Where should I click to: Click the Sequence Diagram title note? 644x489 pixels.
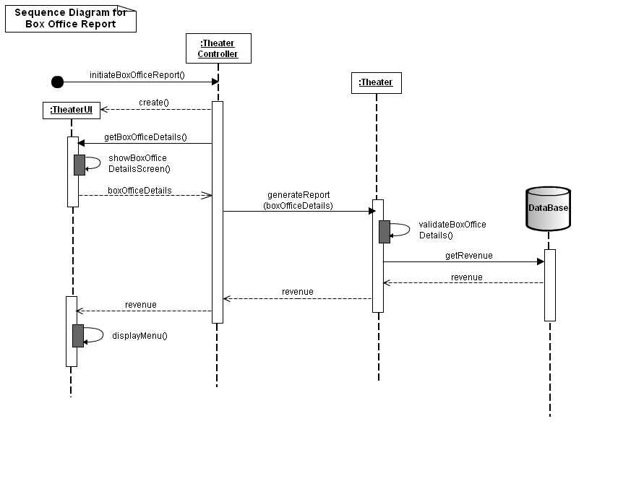pos(70,18)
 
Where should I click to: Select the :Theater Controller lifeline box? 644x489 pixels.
pos(218,48)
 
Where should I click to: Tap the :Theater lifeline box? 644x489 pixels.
pos(376,82)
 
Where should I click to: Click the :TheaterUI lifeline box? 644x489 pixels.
pos(71,110)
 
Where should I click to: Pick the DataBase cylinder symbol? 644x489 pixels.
pos(548,208)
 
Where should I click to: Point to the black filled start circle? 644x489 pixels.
pos(57,82)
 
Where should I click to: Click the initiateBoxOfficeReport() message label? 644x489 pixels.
pos(137,74)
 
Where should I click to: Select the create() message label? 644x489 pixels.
pos(154,103)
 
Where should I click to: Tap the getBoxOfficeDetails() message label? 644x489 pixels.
pos(145,137)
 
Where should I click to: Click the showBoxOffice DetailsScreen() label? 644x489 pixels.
pos(139,163)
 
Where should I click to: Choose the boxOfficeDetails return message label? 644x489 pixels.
pos(139,191)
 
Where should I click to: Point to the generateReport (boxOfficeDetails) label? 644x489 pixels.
pos(299,200)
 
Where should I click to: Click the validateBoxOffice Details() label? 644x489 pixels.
pos(452,230)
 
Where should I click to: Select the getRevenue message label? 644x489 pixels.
pos(469,256)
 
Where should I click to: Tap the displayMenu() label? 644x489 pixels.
pos(139,336)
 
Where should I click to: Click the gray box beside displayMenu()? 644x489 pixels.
pos(78,336)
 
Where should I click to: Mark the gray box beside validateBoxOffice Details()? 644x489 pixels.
pos(385,232)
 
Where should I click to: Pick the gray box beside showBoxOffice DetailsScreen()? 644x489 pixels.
pos(80,165)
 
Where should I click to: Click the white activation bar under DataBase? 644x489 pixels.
pos(549,285)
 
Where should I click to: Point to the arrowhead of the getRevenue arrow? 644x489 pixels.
pos(540,262)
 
